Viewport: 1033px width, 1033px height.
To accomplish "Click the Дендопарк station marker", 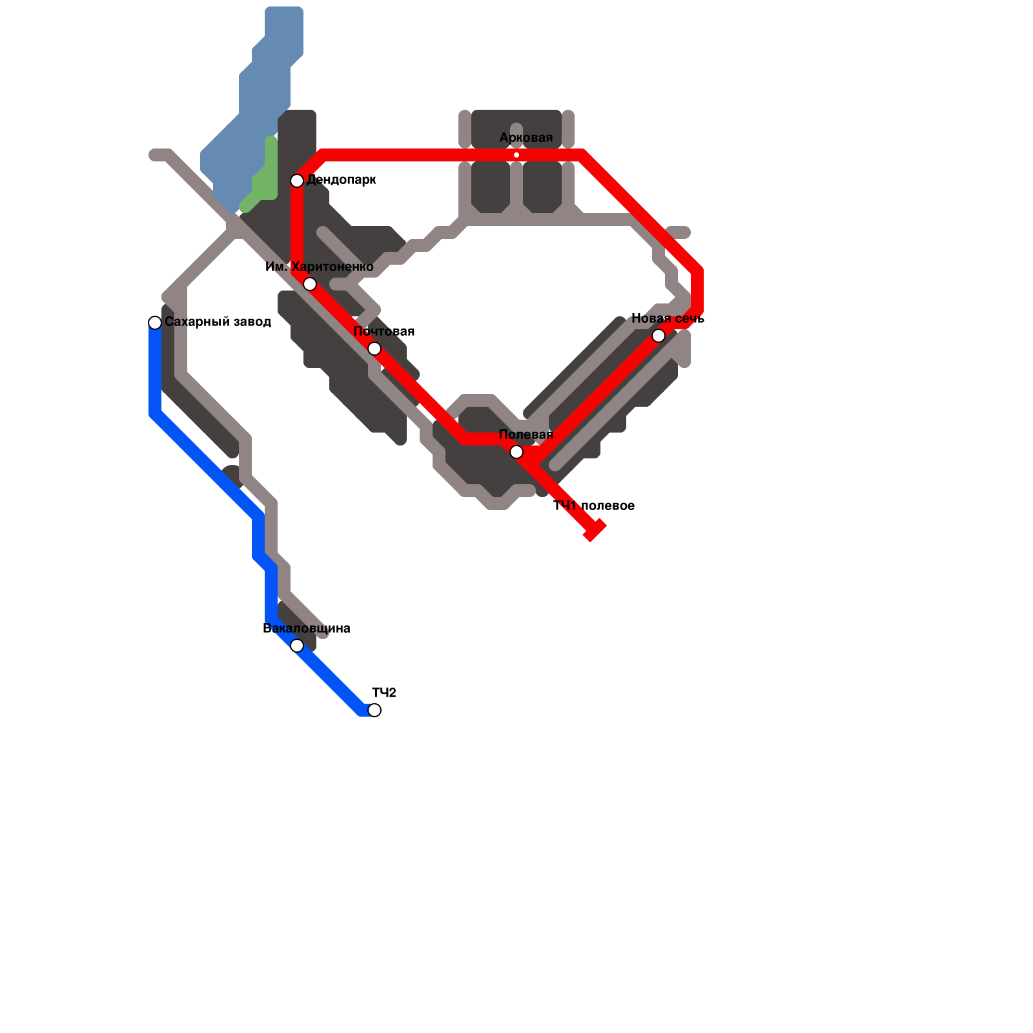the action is click(x=297, y=181).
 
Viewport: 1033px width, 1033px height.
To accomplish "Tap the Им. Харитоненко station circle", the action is click(x=310, y=284).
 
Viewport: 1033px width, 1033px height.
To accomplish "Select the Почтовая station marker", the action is click(x=374, y=349).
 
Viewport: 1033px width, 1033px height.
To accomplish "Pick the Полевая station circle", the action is click(x=516, y=452).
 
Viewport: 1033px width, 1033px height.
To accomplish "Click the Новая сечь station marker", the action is click(x=659, y=336).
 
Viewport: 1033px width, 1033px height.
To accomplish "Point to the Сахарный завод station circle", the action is click(x=155, y=323).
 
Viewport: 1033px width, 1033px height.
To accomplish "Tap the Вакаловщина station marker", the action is click(x=297, y=646).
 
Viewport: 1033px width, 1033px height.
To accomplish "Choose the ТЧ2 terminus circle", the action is click(x=374, y=710).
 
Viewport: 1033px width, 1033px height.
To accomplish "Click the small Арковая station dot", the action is click(x=516, y=155).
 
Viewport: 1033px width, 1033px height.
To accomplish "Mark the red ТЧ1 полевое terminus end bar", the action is click(x=595, y=530).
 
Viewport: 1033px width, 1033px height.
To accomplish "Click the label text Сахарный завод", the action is click(x=218, y=322).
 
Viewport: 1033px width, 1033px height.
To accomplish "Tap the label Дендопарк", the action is click(x=341, y=180).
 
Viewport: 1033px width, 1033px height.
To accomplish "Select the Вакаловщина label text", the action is click(x=307, y=628).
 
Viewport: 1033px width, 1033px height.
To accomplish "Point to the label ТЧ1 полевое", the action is click(x=594, y=506).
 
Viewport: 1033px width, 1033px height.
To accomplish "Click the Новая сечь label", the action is click(x=668, y=318).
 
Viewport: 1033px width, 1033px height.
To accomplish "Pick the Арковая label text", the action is click(x=526, y=138).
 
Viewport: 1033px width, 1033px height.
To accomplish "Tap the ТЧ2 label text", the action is click(x=384, y=693).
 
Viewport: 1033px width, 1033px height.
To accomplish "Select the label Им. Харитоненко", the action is click(x=320, y=267).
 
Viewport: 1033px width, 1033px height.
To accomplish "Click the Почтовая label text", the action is click(x=384, y=331).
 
